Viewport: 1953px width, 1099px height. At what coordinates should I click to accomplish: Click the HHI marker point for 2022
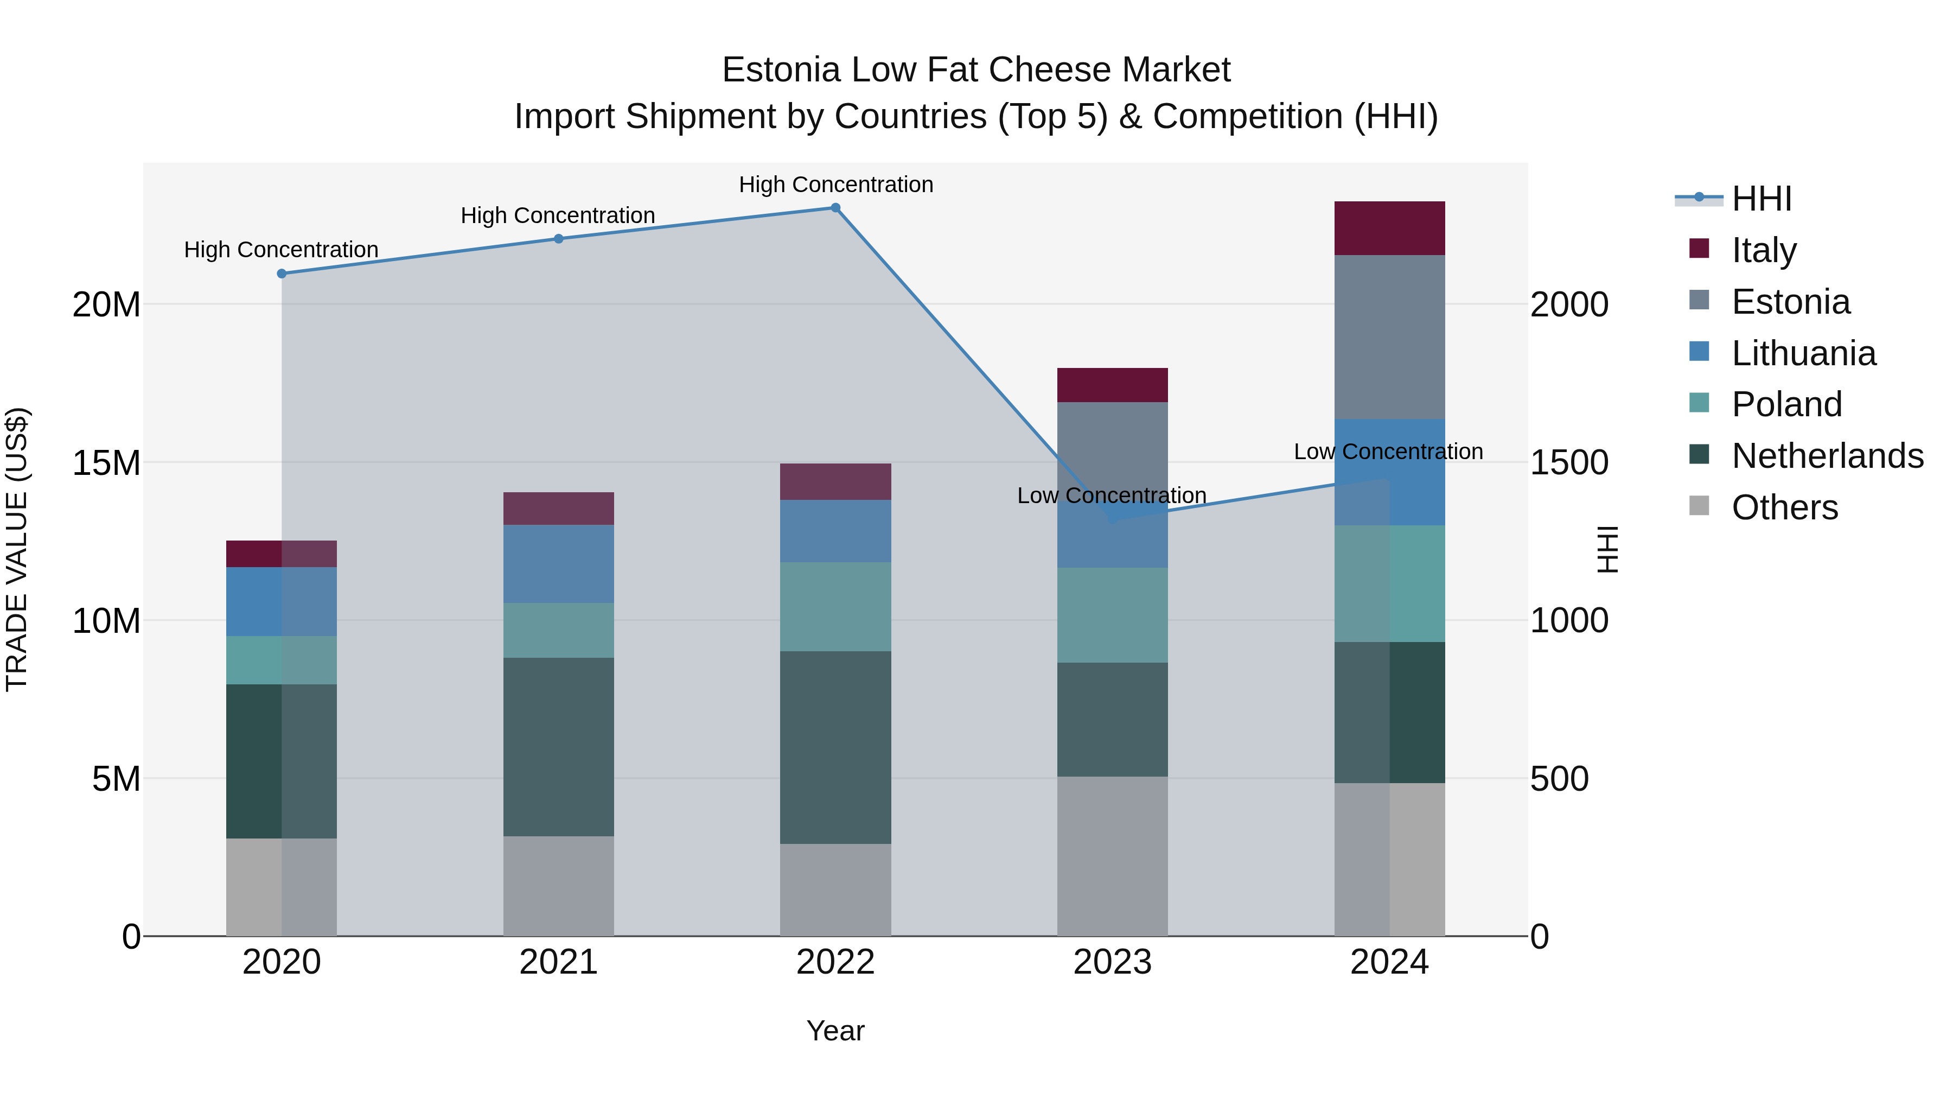tap(835, 208)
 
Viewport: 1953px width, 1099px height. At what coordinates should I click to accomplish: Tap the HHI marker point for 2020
tap(281, 274)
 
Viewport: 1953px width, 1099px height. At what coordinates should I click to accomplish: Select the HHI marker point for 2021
tap(559, 239)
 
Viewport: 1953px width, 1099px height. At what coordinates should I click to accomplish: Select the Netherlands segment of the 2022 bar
tap(835, 747)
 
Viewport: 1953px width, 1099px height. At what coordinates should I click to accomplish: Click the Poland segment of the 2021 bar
tap(559, 630)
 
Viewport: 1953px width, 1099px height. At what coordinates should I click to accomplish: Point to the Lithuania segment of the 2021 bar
tap(559, 563)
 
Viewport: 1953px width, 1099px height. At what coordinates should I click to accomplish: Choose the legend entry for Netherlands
tap(1827, 456)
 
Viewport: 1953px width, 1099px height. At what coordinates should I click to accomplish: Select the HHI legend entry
tap(1761, 199)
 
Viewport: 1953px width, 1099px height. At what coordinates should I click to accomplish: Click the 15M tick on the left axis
tap(107, 462)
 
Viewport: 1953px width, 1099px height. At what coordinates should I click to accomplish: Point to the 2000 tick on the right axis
tap(1568, 305)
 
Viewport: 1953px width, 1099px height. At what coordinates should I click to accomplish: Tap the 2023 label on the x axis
tap(1112, 962)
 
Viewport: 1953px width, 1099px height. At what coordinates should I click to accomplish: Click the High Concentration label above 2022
tap(835, 185)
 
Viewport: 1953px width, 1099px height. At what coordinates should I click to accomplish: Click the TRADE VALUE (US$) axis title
tap(17, 549)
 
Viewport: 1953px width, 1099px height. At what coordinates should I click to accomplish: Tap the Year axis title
tap(835, 1031)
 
